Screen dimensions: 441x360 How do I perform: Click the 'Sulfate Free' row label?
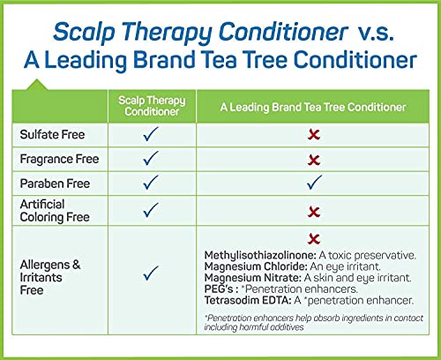click(52, 134)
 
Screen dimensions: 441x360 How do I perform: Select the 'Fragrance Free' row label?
click(59, 159)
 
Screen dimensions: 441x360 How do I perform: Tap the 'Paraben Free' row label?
click(55, 184)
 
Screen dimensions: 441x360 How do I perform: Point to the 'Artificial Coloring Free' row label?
click(55, 211)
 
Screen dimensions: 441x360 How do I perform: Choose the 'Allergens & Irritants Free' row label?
click(50, 277)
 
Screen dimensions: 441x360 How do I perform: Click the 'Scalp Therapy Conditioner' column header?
click(152, 106)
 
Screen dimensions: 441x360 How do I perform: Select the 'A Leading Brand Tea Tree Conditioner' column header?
click(313, 107)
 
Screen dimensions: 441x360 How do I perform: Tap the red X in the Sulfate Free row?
click(314, 135)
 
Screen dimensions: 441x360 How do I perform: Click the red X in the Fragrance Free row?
click(314, 160)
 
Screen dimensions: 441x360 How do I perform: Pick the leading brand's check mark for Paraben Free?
click(314, 182)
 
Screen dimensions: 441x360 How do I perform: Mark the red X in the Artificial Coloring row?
click(314, 212)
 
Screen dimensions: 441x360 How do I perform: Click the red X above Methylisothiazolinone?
click(314, 239)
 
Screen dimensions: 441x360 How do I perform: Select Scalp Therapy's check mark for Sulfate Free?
click(151, 134)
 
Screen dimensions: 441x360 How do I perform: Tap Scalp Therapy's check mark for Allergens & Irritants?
click(151, 273)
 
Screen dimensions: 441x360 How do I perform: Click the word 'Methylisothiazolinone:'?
click(260, 255)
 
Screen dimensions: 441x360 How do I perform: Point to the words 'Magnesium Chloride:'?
click(256, 266)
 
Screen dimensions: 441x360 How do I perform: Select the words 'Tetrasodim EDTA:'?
click(248, 300)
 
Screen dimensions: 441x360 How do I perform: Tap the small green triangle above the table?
click(37, 85)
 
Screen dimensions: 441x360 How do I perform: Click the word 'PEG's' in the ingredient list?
click(219, 289)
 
